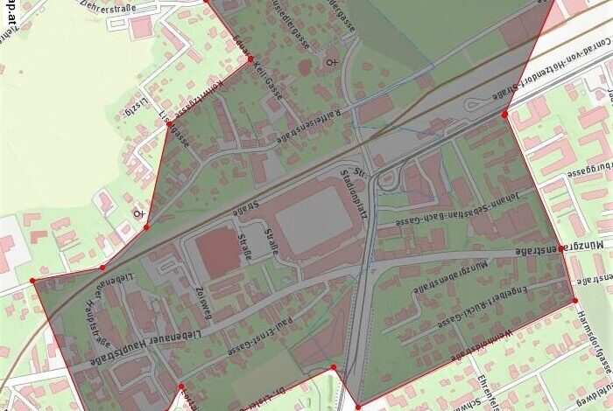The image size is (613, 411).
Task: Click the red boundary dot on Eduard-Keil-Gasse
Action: [x=250, y=59]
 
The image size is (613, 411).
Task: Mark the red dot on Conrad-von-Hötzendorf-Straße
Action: [x=505, y=115]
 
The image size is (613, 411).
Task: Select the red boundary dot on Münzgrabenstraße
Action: [x=560, y=249]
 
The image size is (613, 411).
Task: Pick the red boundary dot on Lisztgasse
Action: [x=168, y=124]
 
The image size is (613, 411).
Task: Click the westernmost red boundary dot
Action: [x=33, y=281]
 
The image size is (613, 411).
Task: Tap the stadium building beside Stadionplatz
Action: [x=314, y=220]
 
